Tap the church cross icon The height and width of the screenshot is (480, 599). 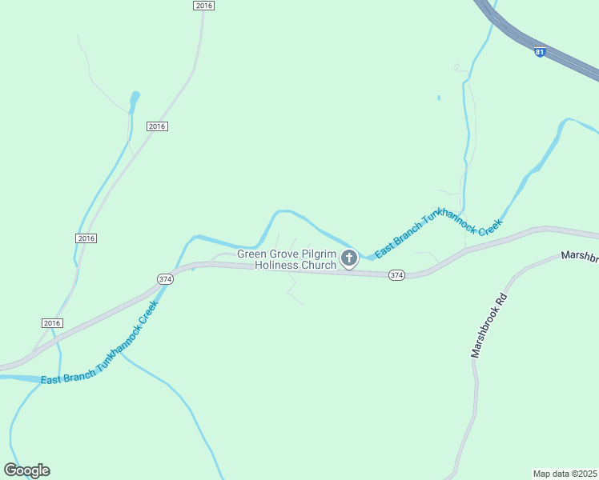[349, 258]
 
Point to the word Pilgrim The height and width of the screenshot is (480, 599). [324, 254]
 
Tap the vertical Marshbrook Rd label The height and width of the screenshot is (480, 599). [489, 325]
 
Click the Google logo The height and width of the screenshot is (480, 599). [26, 470]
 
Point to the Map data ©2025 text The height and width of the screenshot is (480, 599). [565, 473]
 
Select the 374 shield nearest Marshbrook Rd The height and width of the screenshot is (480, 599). [396, 275]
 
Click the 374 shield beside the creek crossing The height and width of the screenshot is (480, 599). [164, 278]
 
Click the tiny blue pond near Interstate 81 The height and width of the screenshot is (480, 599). [439, 98]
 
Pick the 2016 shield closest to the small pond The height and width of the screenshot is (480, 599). [157, 126]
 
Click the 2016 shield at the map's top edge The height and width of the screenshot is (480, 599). [204, 6]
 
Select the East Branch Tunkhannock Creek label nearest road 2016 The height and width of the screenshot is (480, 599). [96, 346]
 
